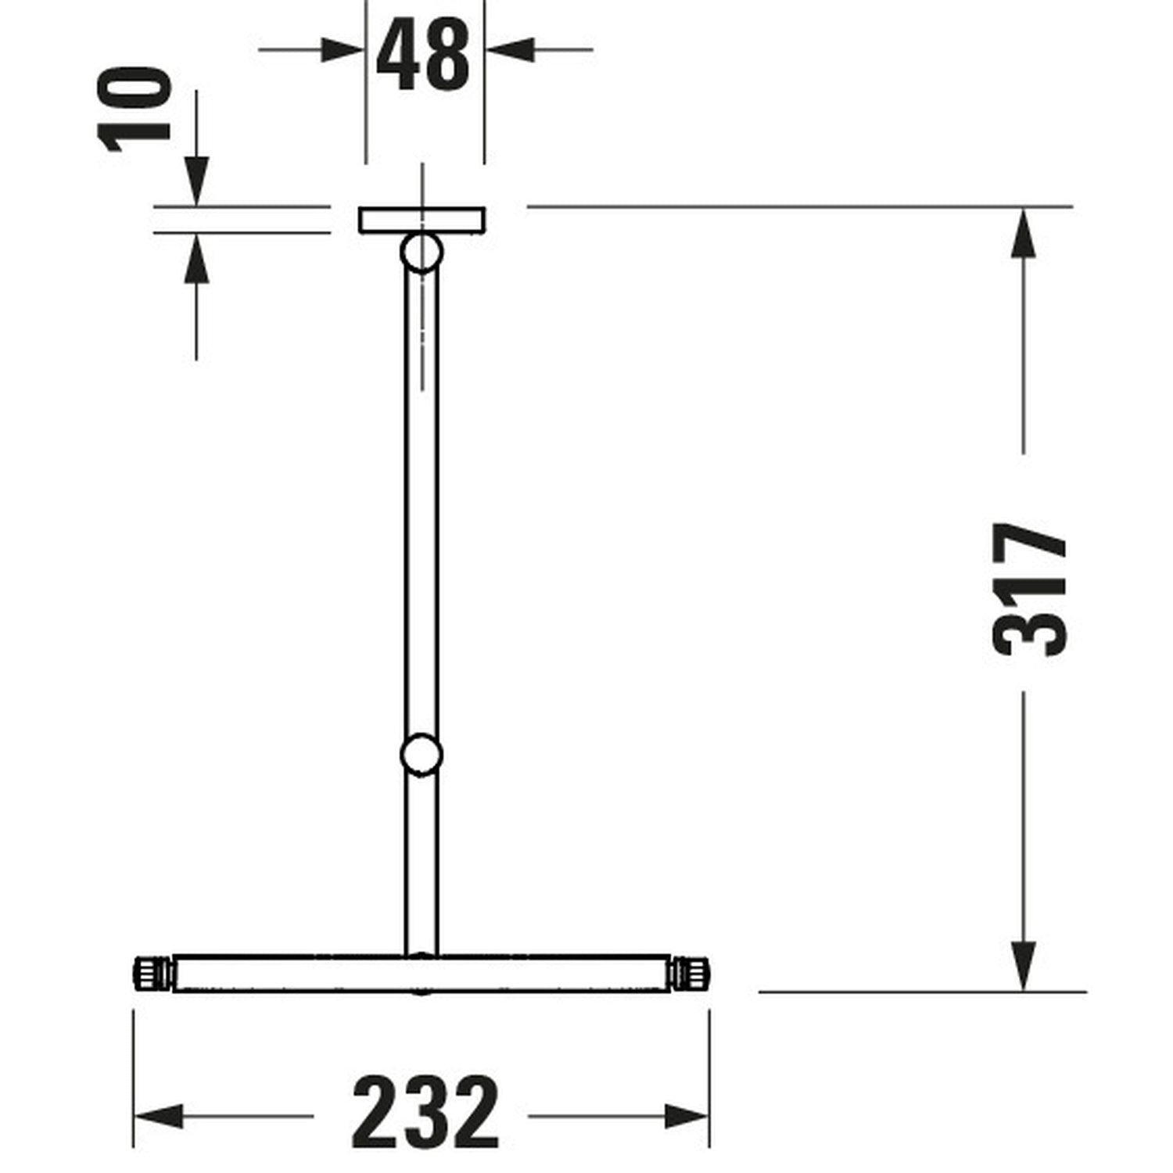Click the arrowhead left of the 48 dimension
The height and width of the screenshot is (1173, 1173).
point(345,50)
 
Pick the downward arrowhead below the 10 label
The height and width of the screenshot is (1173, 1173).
point(197,185)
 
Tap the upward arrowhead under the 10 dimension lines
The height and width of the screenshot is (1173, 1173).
point(197,256)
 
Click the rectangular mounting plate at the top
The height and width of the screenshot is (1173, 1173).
point(422,220)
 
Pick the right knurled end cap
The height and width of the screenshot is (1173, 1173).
point(691,974)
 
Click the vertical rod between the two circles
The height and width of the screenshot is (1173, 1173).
point(421,508)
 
